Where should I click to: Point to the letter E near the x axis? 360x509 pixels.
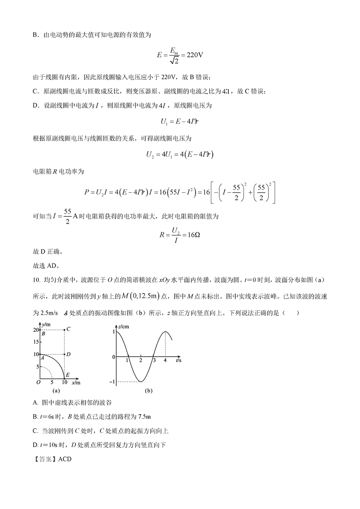tap(68, 375)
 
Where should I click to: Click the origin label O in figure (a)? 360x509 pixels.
tap(38, 383)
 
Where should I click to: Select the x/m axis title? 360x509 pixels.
tap(76, 383)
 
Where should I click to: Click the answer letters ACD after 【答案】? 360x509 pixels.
tap(65, 459)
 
